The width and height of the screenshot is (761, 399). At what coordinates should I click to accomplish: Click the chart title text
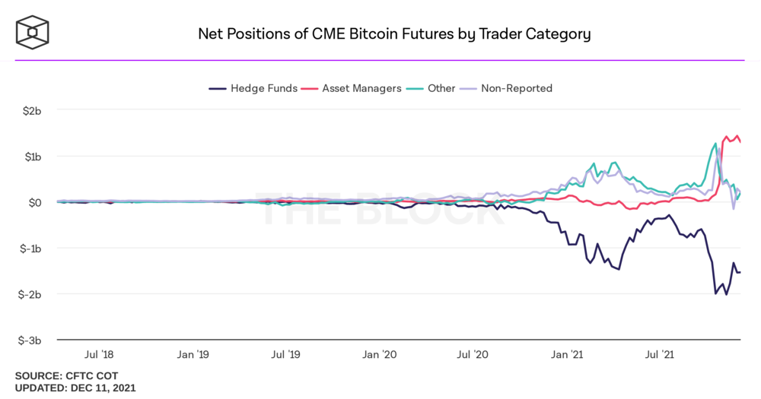(394, 34)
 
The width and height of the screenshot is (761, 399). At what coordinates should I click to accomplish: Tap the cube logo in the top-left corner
(33, 32)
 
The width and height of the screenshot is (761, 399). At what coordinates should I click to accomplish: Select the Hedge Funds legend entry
(253, 88)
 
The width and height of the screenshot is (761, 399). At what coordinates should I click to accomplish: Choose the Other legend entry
(433, 88)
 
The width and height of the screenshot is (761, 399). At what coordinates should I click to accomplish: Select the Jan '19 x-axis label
(193, 354)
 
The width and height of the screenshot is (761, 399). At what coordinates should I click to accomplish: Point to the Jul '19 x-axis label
(285, 354)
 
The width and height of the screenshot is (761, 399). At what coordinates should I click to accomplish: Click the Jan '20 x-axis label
(380, 354)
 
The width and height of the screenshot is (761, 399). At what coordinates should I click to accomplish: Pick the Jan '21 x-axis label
(568, 354)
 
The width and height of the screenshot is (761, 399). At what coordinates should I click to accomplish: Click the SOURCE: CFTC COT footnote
(66, 375)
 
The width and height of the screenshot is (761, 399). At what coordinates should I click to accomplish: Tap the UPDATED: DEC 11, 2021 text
(75, 388)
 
